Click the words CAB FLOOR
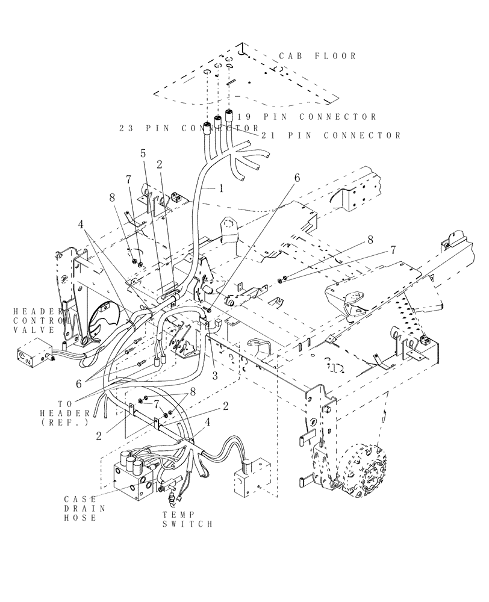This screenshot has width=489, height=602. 318,56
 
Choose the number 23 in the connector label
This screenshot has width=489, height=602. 127,128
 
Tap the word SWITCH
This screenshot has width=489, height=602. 187,525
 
